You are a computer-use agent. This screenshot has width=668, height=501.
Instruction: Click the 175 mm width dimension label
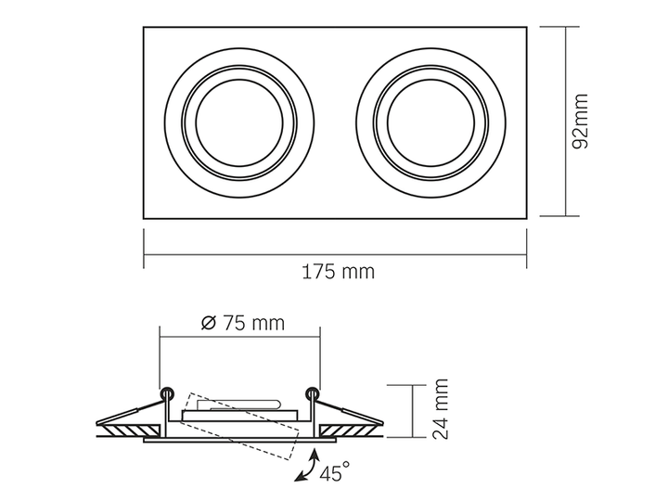point(339,272)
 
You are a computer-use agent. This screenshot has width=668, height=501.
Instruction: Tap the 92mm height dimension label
point(580,122)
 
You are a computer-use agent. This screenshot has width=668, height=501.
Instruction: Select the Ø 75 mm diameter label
point(242,323)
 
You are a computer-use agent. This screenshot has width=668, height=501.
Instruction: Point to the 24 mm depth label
point(441,408)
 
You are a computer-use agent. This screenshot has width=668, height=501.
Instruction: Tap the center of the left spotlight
point(239,122)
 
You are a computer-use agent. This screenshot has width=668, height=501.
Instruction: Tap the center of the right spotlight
point(430,122)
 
